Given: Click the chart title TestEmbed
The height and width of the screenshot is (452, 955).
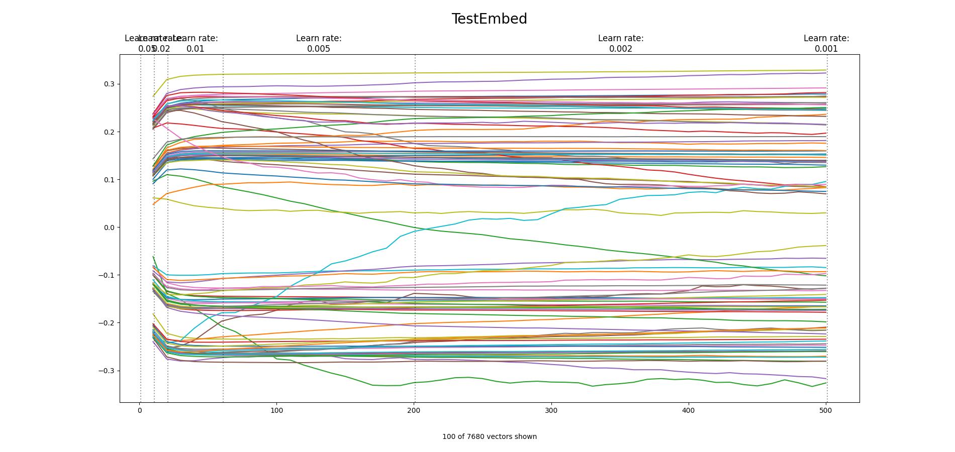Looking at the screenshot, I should coord(489,19).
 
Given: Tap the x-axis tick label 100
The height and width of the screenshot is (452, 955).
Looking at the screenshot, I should coord(276,410).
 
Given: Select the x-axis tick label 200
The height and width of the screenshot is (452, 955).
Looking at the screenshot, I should coord(414,410).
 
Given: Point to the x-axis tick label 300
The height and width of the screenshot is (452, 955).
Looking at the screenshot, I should coord(551,410).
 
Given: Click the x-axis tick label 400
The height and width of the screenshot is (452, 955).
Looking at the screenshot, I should coord(688,410).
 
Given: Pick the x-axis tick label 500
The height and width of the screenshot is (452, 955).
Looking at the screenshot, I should coord(825,410).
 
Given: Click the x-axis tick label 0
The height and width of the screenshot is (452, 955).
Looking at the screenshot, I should coord(140,410).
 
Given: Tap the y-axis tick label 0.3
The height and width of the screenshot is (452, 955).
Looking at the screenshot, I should coord(109,84).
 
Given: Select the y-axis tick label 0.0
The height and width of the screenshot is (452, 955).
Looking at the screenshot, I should coord(109,228).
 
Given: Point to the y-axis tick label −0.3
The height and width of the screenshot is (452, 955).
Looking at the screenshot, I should coord(107,371).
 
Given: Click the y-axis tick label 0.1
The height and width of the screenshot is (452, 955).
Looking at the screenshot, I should coord(109,180).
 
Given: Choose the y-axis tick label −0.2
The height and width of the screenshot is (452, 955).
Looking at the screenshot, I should coord(107,323).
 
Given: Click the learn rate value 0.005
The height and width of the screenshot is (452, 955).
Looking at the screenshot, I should coord(319,49).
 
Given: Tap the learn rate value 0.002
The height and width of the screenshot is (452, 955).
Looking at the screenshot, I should coord(621,49).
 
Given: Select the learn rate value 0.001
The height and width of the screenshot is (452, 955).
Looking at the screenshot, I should coord(826,49).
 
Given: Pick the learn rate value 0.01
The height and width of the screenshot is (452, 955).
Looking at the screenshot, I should coord(196,49).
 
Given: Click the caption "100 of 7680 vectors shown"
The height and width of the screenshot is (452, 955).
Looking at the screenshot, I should coord(489,436).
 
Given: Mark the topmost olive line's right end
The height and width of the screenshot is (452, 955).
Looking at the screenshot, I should coord(826,70).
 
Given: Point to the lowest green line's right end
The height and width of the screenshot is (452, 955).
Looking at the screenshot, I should coord(826,383).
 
